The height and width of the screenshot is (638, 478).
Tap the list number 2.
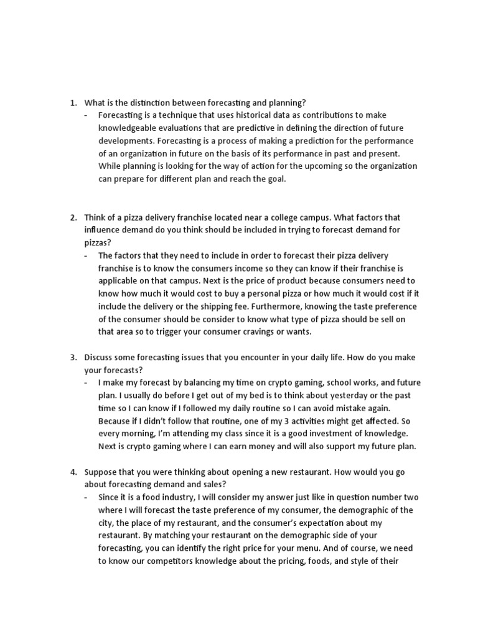coord(72,217)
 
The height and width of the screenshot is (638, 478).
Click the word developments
coord(122,141)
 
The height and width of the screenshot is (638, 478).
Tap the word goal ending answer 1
coord(276,179)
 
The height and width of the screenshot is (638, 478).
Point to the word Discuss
coord(99,358)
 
